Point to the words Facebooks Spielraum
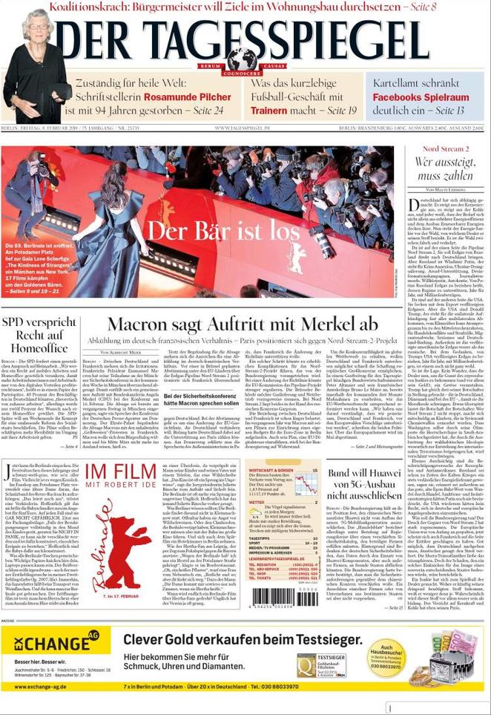tap(421, 97)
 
